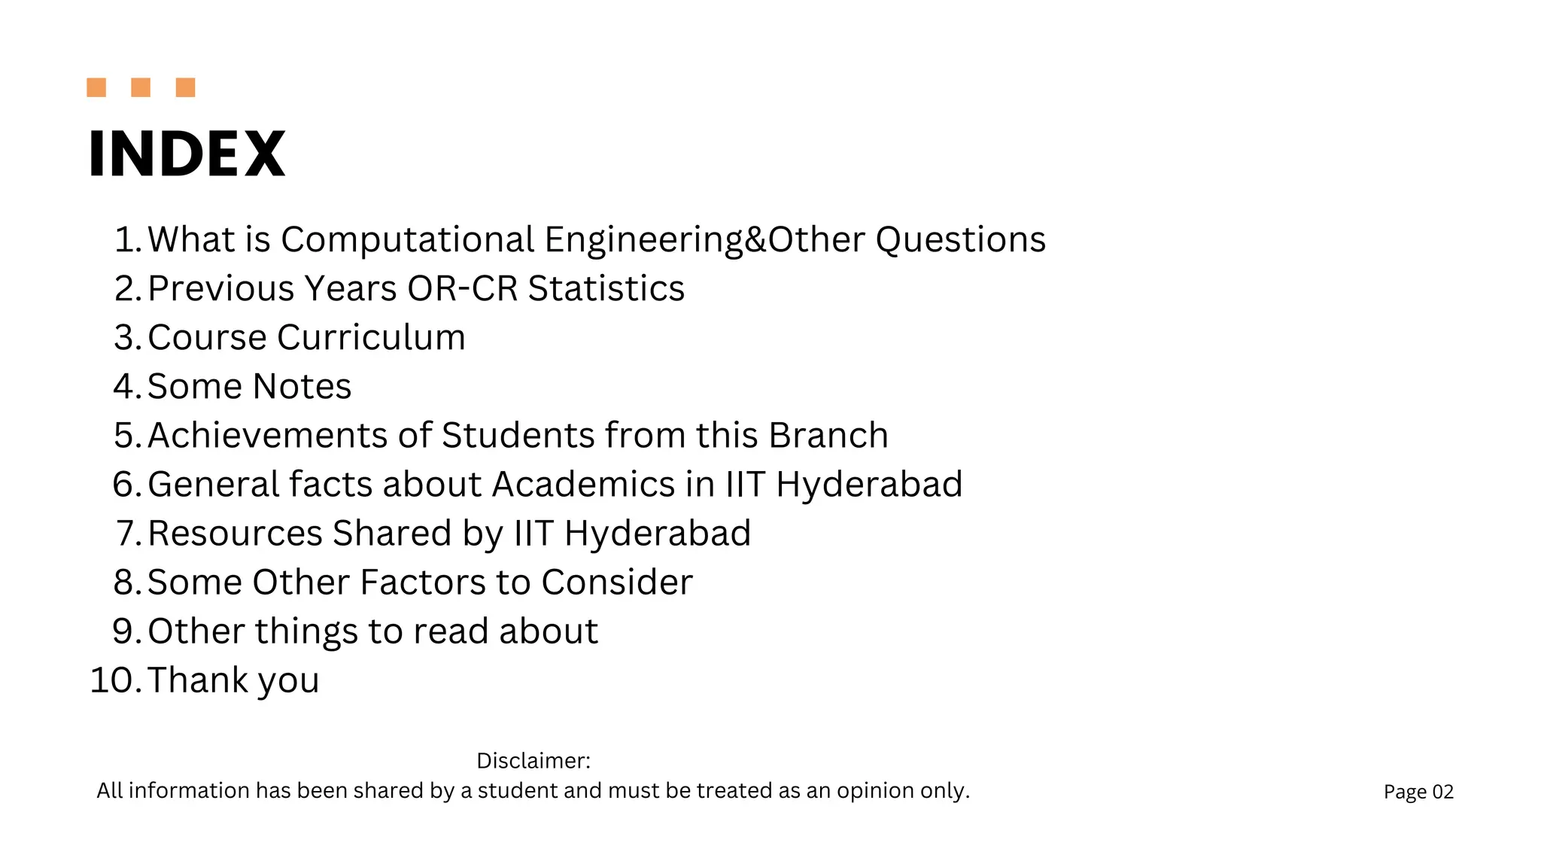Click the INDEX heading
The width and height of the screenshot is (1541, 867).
(187, 154)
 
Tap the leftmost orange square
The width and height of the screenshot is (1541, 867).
(96, 87)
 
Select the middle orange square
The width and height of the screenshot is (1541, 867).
(141, 87)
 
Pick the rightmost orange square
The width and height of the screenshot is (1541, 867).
(185, 87)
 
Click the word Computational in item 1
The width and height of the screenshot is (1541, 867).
(408, 240)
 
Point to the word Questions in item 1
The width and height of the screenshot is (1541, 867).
(960, 240)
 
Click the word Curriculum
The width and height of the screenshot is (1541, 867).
(376, 338)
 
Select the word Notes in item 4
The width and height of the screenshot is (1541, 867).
(302, 387)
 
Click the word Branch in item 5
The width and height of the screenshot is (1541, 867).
(828, 436)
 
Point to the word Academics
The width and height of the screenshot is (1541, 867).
(583, 485)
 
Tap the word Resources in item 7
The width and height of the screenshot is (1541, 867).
(235, 534)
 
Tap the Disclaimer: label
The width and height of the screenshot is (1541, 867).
(533, 761)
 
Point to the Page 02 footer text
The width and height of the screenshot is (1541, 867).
(1418, 792)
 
